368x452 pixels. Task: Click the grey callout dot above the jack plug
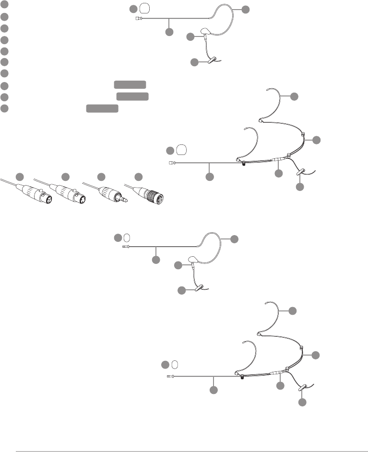101,177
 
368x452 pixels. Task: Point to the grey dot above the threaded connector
138,177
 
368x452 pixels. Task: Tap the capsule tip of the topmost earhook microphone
138,19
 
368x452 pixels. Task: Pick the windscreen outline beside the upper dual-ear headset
181,150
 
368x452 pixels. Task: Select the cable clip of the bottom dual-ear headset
303,384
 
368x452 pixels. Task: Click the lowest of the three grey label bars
102,108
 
